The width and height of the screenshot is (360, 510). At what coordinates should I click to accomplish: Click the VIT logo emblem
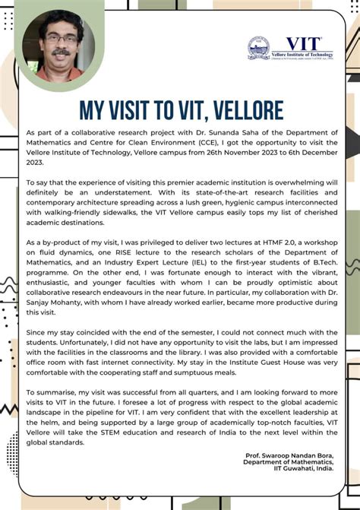pos(258,48)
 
